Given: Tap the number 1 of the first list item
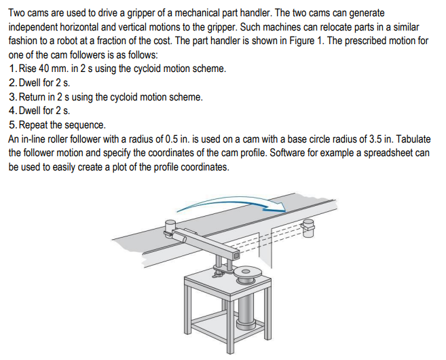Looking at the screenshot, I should click(14, 69).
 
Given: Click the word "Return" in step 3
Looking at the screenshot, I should click(37, 97).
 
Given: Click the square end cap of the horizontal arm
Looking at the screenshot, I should click(235, 255).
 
